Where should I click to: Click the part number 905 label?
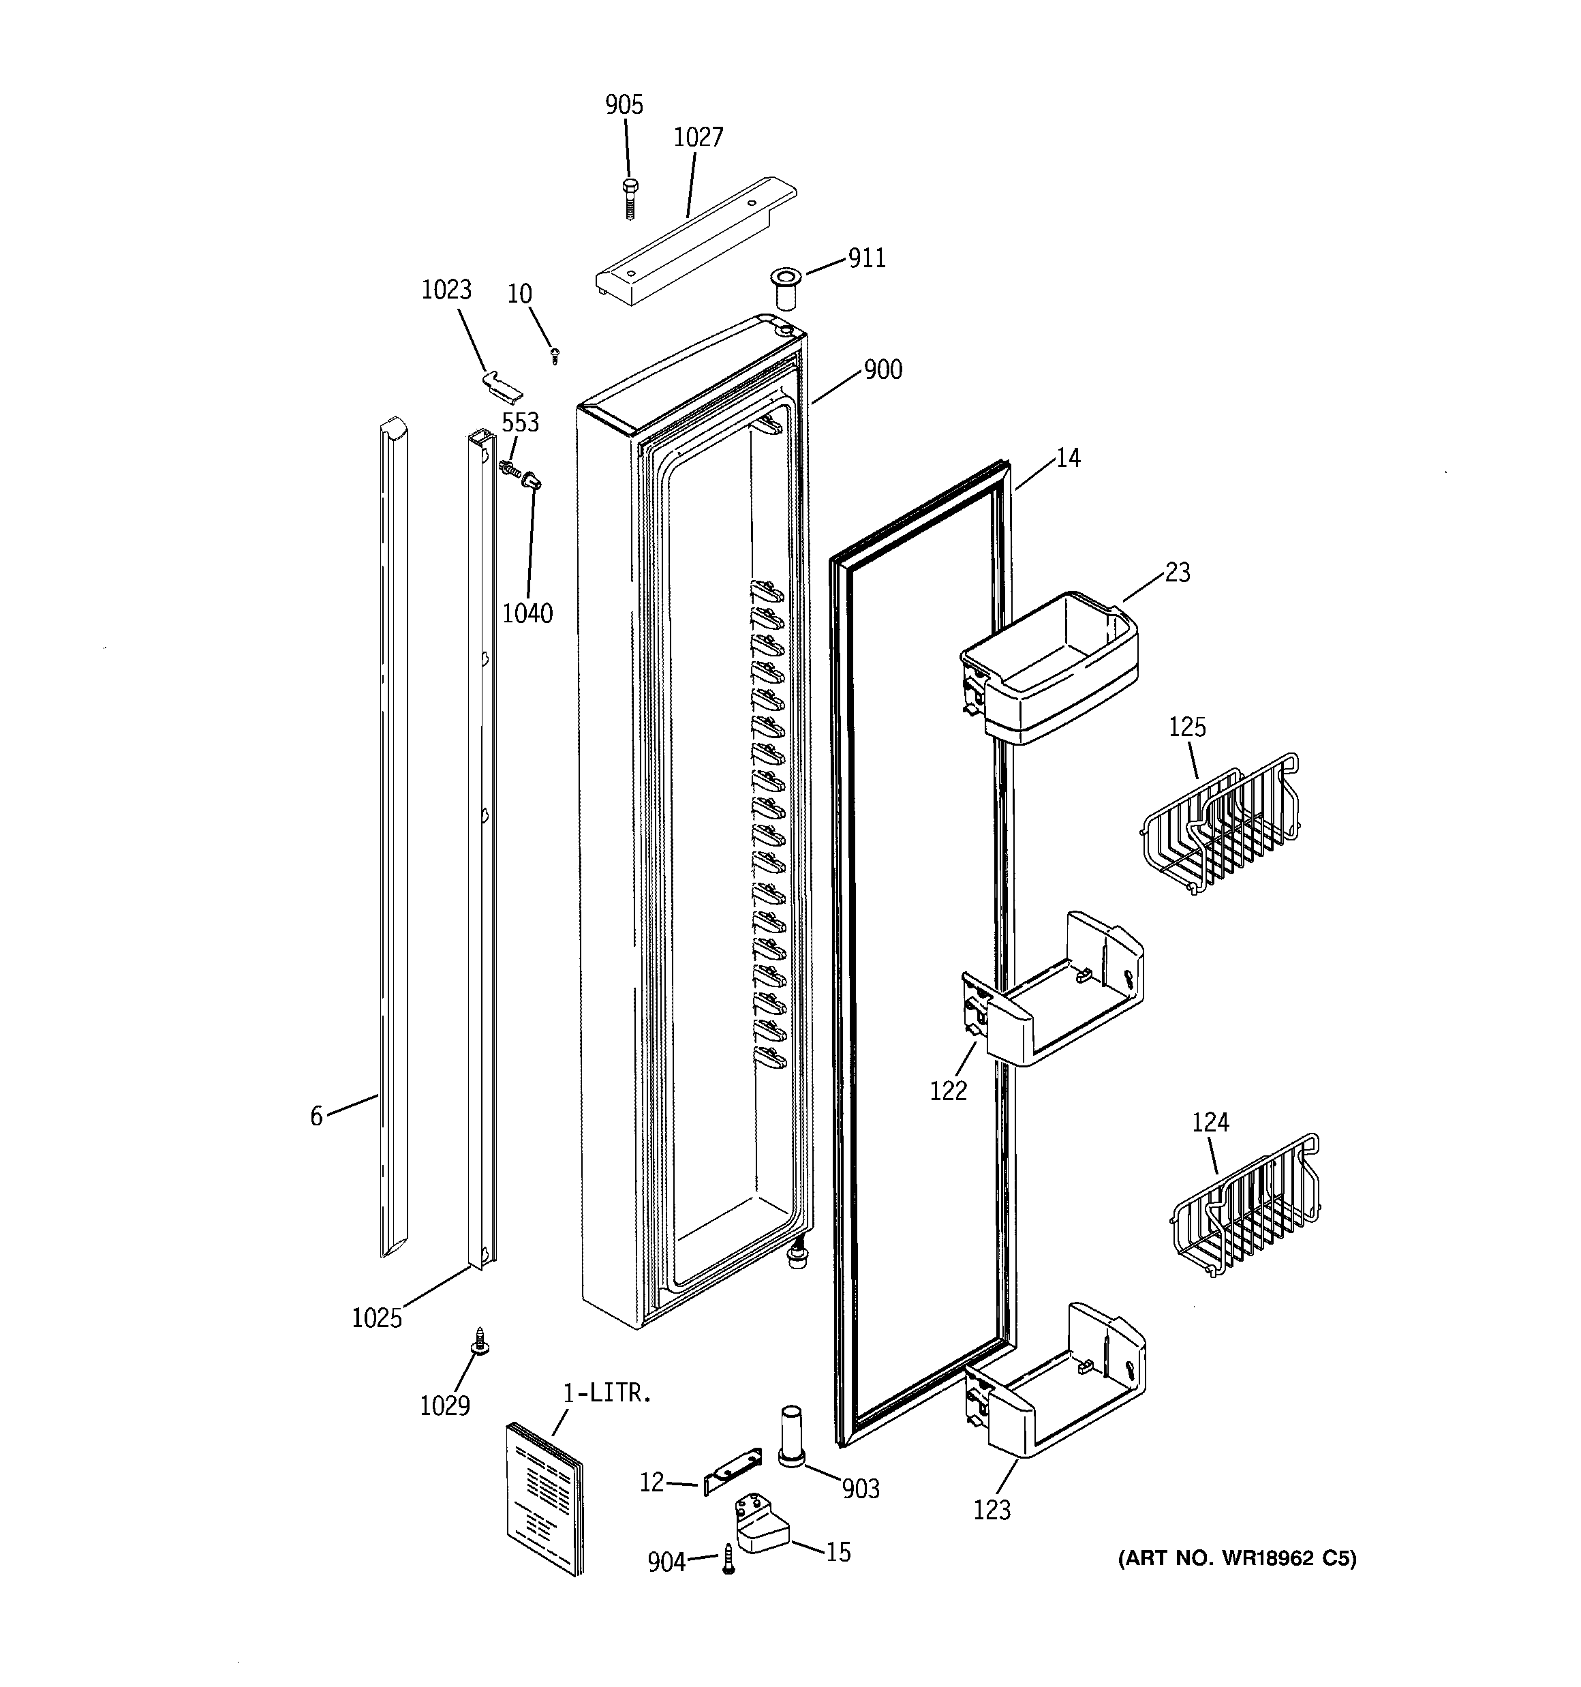[624, 105]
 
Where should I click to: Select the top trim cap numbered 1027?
[696, 243]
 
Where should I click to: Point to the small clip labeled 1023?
[502, 382]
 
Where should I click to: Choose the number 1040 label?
[527, 613]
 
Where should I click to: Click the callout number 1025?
[377, 1318]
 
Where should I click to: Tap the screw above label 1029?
[481, 1343]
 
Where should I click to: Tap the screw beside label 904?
[728, 1560]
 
